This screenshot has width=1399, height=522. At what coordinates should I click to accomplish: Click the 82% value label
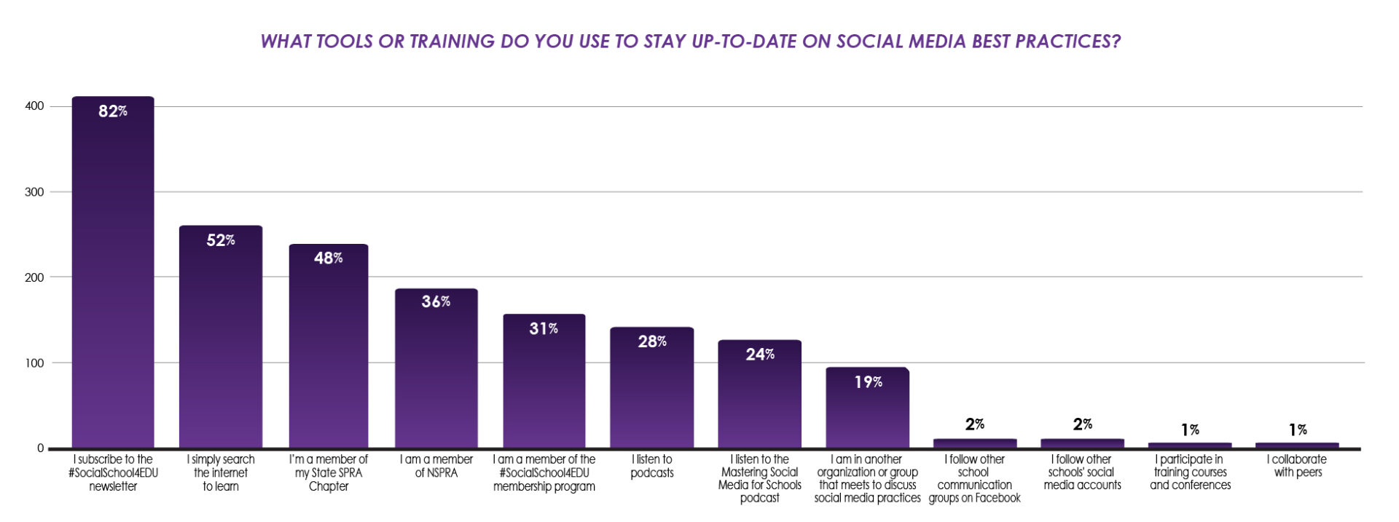click(113, 111)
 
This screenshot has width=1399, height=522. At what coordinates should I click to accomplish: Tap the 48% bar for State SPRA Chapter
click(329, 349)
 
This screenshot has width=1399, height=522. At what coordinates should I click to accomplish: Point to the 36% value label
click(436, 301)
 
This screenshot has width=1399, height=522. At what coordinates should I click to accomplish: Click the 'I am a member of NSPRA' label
click(436, 466)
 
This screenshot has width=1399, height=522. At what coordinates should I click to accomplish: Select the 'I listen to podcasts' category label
click(651, 466)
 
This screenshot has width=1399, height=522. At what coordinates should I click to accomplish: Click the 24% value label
click(760, 355)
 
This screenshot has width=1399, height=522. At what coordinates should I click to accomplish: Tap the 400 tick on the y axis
click(34, 106)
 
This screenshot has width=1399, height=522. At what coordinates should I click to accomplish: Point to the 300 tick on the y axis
click(34, 192)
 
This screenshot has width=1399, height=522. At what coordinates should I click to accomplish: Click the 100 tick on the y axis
click(34, 363)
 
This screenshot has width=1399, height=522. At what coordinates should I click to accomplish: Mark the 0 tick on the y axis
click(40, 448)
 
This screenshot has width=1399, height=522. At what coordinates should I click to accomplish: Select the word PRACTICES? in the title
click(1067, 41)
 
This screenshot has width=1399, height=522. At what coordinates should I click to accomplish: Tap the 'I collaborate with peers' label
click(1297, 466)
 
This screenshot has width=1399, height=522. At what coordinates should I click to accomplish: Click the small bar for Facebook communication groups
click(975, 443)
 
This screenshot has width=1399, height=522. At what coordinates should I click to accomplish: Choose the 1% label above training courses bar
click(1190, 430)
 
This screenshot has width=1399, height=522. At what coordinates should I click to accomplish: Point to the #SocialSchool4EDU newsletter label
click(113, 472)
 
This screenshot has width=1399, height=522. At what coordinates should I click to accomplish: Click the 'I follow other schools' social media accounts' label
click(1082, 472)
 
